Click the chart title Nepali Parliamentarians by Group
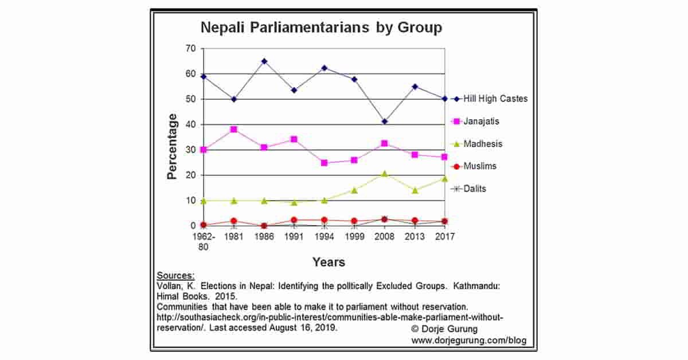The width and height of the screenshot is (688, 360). click(320, 28)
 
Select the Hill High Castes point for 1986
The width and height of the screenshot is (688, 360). click(264, 61)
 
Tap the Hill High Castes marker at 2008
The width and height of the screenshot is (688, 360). click(384, 122)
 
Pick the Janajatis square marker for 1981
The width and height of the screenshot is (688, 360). click(233, 130)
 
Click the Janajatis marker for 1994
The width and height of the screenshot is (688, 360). click(324, 163)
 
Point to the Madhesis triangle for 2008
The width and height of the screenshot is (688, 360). click(384, 173)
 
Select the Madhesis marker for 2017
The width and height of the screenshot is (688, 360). click(444, 178)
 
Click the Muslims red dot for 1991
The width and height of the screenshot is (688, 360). click(294, 220)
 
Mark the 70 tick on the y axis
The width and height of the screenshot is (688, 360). click(190, 49)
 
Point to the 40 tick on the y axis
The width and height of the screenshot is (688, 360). click(190, 124)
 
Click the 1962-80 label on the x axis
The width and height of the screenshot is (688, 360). click(203, 241)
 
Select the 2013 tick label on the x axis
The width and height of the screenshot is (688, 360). click(414, 236)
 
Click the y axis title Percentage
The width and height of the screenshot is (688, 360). click(173, 146)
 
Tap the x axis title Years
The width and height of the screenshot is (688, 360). click(329, 262)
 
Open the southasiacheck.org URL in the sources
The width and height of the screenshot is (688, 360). click(330, 317)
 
